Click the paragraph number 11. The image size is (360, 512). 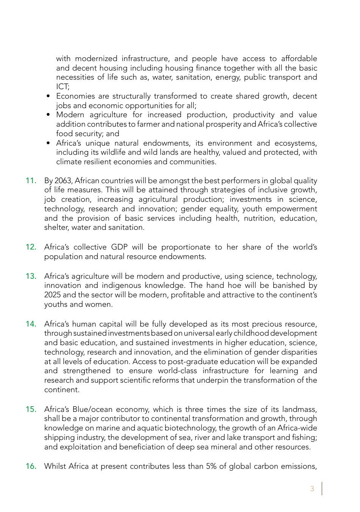point(31,181)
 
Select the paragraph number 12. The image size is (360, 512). point(31,247)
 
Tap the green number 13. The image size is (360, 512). point(31,276)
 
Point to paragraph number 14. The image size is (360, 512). point(31,324)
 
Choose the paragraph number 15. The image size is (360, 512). point(31,409)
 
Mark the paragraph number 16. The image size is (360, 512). point(31,466)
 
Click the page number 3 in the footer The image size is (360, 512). point(312,489)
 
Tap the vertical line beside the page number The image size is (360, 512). point(322,488)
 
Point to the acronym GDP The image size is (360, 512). point(119,247)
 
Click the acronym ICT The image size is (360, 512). point(62,86)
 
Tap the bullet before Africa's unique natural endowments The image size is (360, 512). point(48,143)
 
